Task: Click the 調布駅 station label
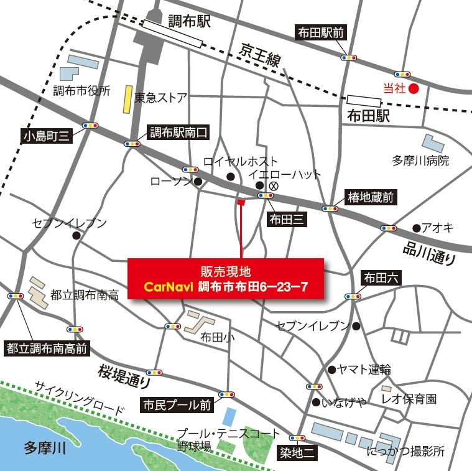[190, 23]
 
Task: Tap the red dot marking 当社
[415, 88]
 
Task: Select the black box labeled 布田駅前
[321, 33]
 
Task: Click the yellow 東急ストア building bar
[127, 98]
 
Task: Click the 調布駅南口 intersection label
[177, 133]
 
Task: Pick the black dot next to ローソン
[198, 182]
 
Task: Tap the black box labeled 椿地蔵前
[371, 198]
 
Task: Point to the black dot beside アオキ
[416, 227]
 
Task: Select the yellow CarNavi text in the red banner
[168, 287]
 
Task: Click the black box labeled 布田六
[381, 277]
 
